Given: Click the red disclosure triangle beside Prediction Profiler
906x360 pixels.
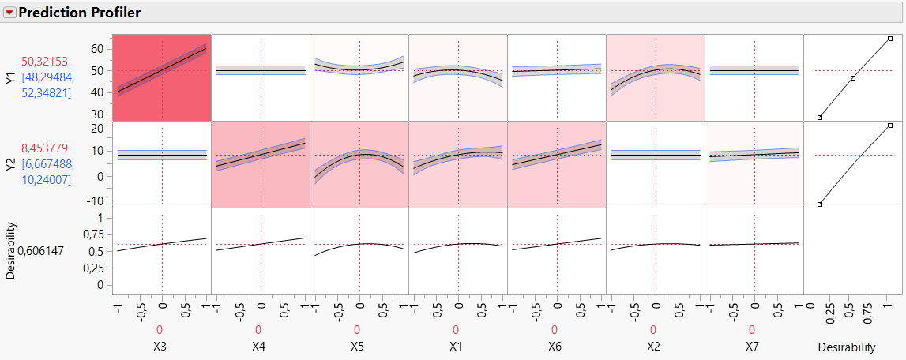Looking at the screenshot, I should point(10,13).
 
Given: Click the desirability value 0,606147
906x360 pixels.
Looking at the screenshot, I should point(44,250).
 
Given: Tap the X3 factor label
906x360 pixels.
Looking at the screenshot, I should point(161,347).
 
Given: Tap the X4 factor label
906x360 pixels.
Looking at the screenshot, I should point(260,347).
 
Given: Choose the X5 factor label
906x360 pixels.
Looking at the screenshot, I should point(359,347).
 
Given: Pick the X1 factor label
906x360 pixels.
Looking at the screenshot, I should point(457,347).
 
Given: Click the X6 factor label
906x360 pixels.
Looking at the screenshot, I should point(556,347).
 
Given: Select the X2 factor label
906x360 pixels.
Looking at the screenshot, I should point(655,347).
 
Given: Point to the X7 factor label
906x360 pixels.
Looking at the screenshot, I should point(754,347).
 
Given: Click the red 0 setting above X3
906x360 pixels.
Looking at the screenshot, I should point(161,330).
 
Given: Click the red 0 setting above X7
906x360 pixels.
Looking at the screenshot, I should point(754,330).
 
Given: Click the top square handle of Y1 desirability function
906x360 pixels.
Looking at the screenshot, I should point(890,38).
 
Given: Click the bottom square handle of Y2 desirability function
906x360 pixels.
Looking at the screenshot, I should point(820,204).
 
